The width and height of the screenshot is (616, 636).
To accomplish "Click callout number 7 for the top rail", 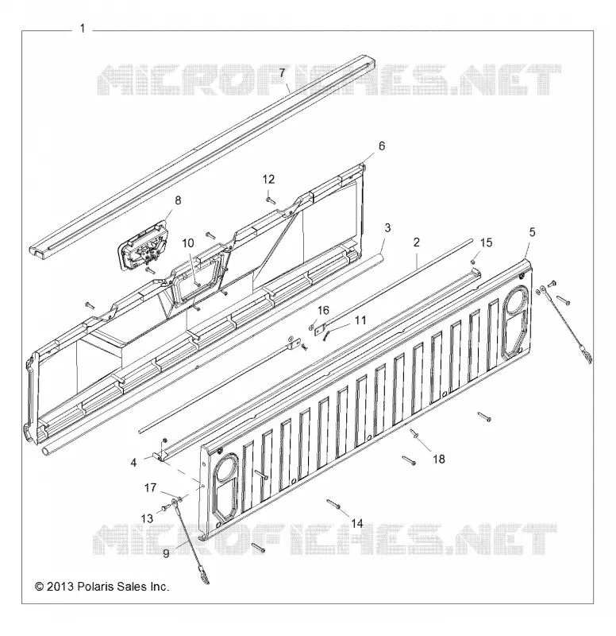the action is tap(283, 73).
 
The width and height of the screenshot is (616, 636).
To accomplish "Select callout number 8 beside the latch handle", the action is tap(178, 200).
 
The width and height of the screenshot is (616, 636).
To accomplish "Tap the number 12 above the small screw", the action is tap(268, 180).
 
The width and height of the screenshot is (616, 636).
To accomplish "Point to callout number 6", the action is tap(382, 146).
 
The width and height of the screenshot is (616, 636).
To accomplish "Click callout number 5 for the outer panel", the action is tap(532, 232).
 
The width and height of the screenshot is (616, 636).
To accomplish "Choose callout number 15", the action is tap(486, 242).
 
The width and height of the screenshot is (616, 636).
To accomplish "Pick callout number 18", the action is tap(439, 460).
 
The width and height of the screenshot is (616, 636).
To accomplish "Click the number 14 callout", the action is tap(356, 523).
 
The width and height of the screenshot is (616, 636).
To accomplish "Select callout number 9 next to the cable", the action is tap(166, 553).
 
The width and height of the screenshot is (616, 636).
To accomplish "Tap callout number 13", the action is tap(147, 518).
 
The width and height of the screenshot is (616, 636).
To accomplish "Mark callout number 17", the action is tap(150, 487).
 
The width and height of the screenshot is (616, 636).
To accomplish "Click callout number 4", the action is tap(133, 463).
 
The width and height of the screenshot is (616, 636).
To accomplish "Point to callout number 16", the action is tap(323, 311).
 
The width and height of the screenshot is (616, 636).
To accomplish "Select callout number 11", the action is tap(360, 320).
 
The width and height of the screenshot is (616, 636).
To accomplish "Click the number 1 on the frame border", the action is tap(83, 29).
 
